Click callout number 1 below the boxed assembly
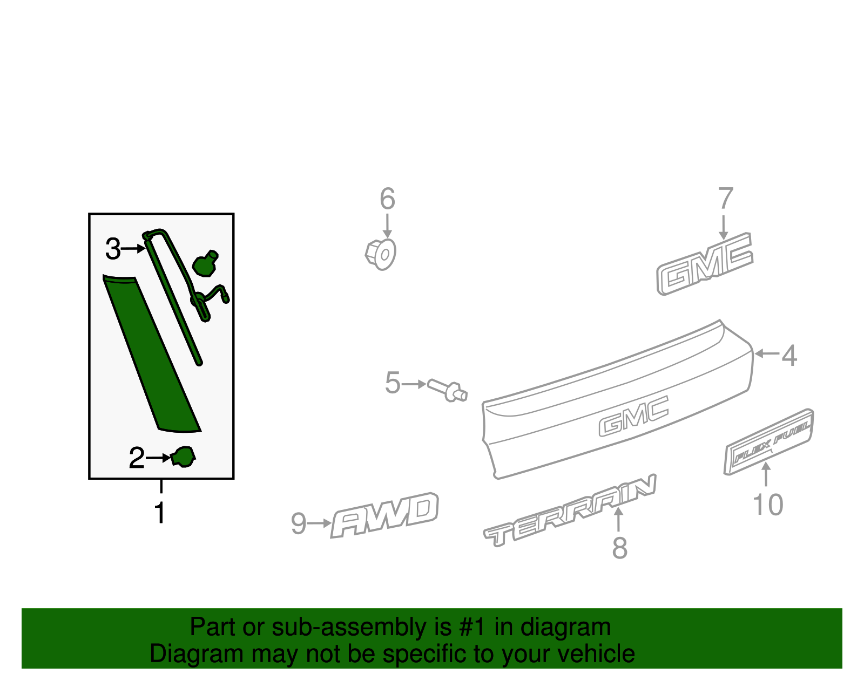[x=160, y=512]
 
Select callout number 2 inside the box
[x=137, y=458]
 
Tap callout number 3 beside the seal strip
[x=113, y=249]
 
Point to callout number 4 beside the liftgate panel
[x=789, y=356]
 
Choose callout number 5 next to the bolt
[x=393, y=383]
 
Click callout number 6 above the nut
[x=387, y=199]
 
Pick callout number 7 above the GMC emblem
[x=726, y=198]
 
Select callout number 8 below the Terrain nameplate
[x=620, y=548]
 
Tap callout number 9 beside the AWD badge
[x=299, y=523]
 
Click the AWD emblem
[x=385, y=515]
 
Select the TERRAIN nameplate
[x=570, y=511]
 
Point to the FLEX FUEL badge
[x=768, y=441]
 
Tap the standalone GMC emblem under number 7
[x=705, y=264]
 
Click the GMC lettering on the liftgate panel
[x=634, y=416]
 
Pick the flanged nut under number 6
[x=381, y=254]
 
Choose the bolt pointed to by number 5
[x=447, y=390]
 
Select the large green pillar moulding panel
[x=152, y=353]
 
